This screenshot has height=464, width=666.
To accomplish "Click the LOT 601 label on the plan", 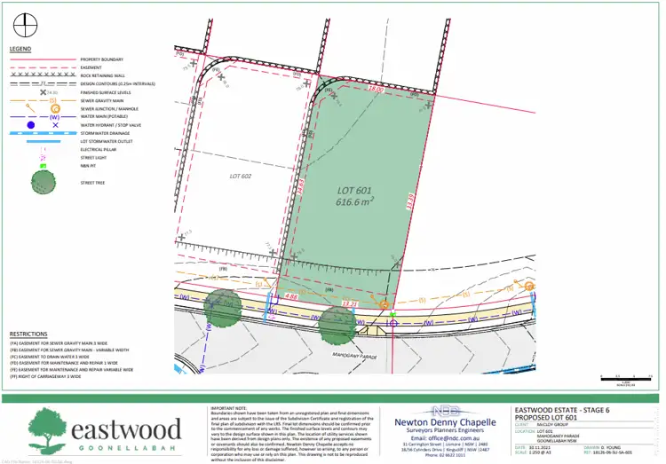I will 353,191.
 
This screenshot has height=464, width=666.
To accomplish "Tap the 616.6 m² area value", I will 353,202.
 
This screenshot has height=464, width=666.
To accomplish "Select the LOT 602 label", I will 242,177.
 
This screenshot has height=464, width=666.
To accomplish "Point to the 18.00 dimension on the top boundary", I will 376,90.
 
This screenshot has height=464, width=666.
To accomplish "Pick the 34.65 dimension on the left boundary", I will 301,187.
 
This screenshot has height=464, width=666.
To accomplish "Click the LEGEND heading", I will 20,48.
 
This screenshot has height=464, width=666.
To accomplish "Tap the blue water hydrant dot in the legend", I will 31,125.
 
